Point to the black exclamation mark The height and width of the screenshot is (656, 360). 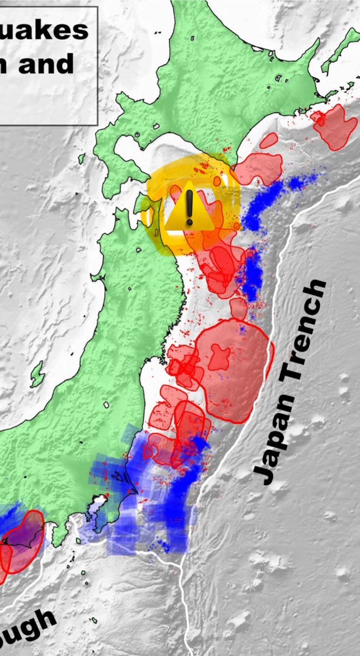(189, 206)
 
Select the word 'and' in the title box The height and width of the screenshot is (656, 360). (46, 64)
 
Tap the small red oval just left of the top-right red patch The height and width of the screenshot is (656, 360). (268, 140)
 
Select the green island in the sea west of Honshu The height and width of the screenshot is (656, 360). (37, 375)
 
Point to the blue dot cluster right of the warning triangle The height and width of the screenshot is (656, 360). (262, 205)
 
